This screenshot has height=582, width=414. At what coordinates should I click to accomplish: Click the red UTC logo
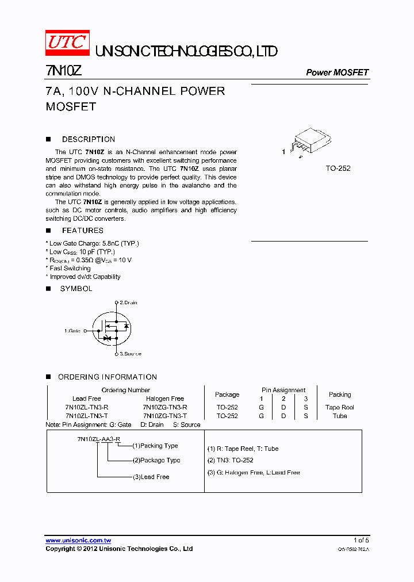pos(67,43)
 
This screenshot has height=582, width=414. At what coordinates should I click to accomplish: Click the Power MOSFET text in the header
pos(337,72)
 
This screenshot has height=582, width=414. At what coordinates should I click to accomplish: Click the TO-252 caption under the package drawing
pos(338,169)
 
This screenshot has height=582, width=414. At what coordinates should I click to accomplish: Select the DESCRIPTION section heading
pos(88,139)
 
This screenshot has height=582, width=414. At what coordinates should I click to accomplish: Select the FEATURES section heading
pos(82,231)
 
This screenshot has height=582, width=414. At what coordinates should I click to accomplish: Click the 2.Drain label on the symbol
pos(128,303)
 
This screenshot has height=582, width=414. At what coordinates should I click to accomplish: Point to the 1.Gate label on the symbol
pos(72,331)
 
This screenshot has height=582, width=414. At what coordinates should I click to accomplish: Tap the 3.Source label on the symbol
pos(130,354)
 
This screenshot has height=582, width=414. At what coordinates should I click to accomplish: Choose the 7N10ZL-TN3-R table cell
pos(87,407)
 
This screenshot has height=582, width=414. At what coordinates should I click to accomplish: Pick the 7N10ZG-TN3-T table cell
pos(165,416)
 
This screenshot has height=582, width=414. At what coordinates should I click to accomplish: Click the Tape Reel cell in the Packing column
pos(339,407)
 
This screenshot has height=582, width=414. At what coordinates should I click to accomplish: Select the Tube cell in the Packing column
pos(339,416)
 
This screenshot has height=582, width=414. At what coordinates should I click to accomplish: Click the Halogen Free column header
pos(165,399)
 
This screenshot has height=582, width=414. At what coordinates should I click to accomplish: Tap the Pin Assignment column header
pos(283,390)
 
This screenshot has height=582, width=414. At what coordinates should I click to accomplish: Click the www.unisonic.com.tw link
pos(78,541)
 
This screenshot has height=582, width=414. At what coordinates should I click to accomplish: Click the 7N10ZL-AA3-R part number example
pos(98,439)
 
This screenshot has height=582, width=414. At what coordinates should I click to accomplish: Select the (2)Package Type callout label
pos(156,460)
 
